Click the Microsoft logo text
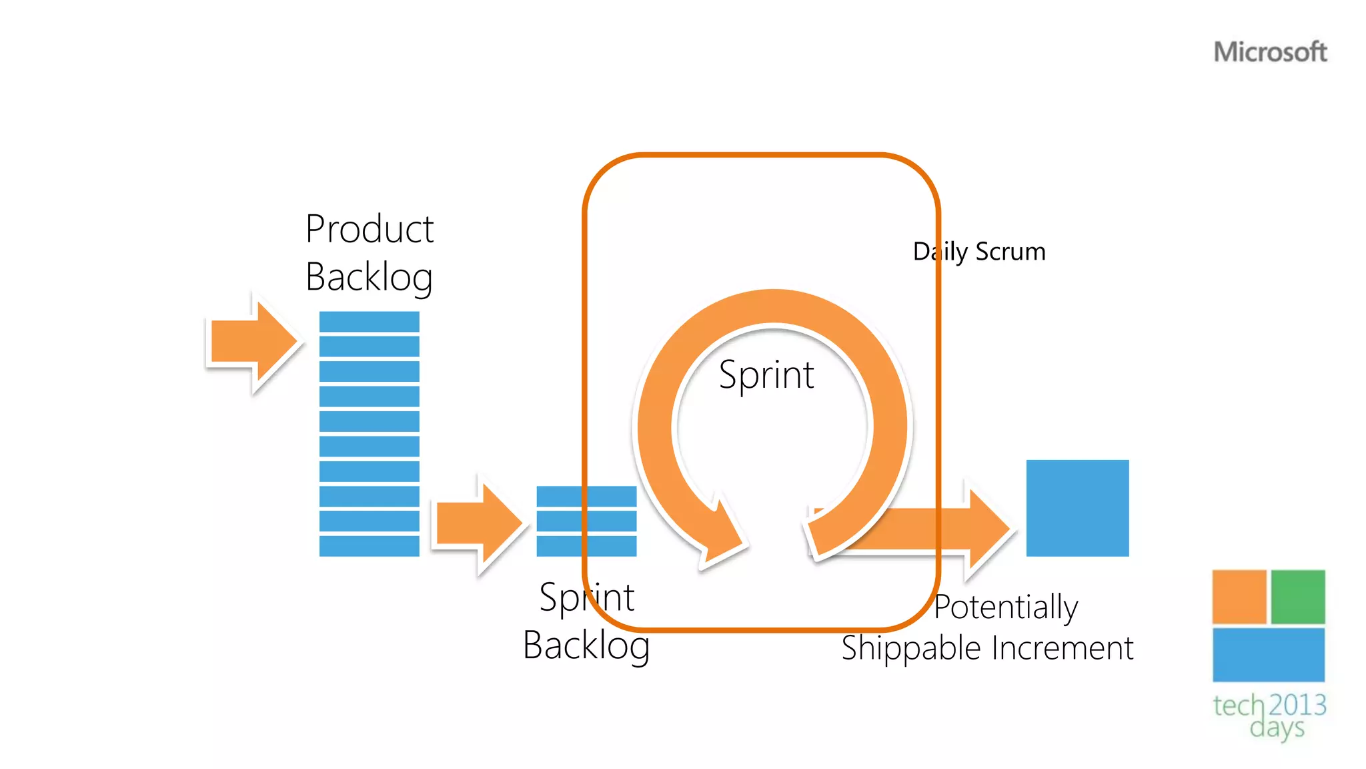click(1270, 52)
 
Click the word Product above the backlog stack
click(370, 229)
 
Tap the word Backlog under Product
click(370, 277)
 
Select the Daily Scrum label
click(979, 252)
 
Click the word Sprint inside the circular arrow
click(766, 374)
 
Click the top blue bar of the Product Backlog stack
click(369, 322)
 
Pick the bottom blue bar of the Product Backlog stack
click(369, 546)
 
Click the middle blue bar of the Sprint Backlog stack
click(586, 521)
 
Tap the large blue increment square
click(1077, 508)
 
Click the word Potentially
click(1006, 607)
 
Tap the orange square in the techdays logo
click(1239, 597)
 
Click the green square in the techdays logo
click(1298, 597)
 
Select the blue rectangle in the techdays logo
click(1268, 655)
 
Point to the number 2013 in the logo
click(1297, 705)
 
